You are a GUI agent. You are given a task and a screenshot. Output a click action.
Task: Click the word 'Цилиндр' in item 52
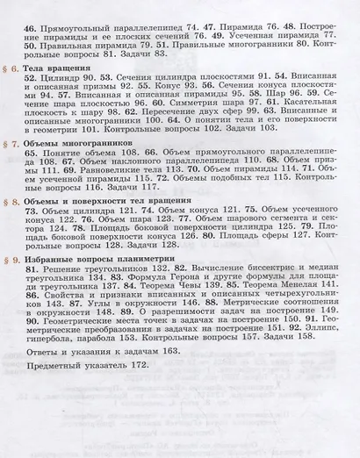(x=61, y=78)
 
